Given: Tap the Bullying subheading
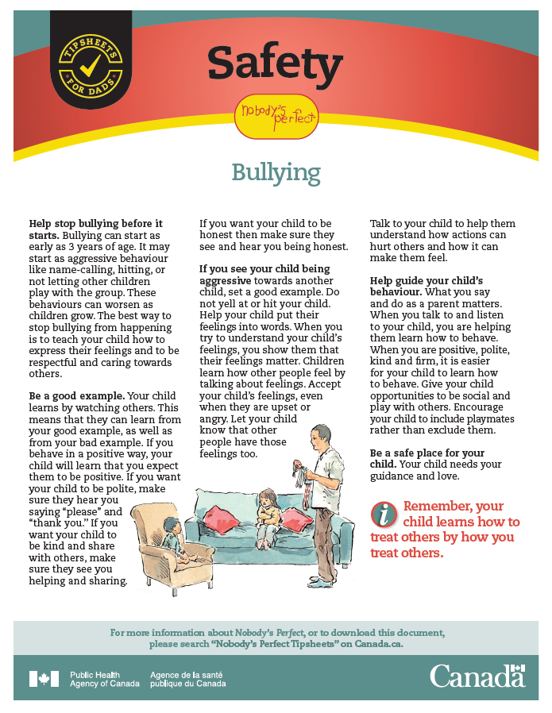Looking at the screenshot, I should coord(276,172).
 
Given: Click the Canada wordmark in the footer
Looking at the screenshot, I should coord(477,676).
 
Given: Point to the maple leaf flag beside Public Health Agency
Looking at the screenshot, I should coord(44,679).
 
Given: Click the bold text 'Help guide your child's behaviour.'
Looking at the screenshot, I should coord(427,287).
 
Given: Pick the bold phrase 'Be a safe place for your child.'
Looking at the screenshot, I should coord(425,458).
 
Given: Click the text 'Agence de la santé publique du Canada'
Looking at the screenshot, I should coord(187,679).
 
